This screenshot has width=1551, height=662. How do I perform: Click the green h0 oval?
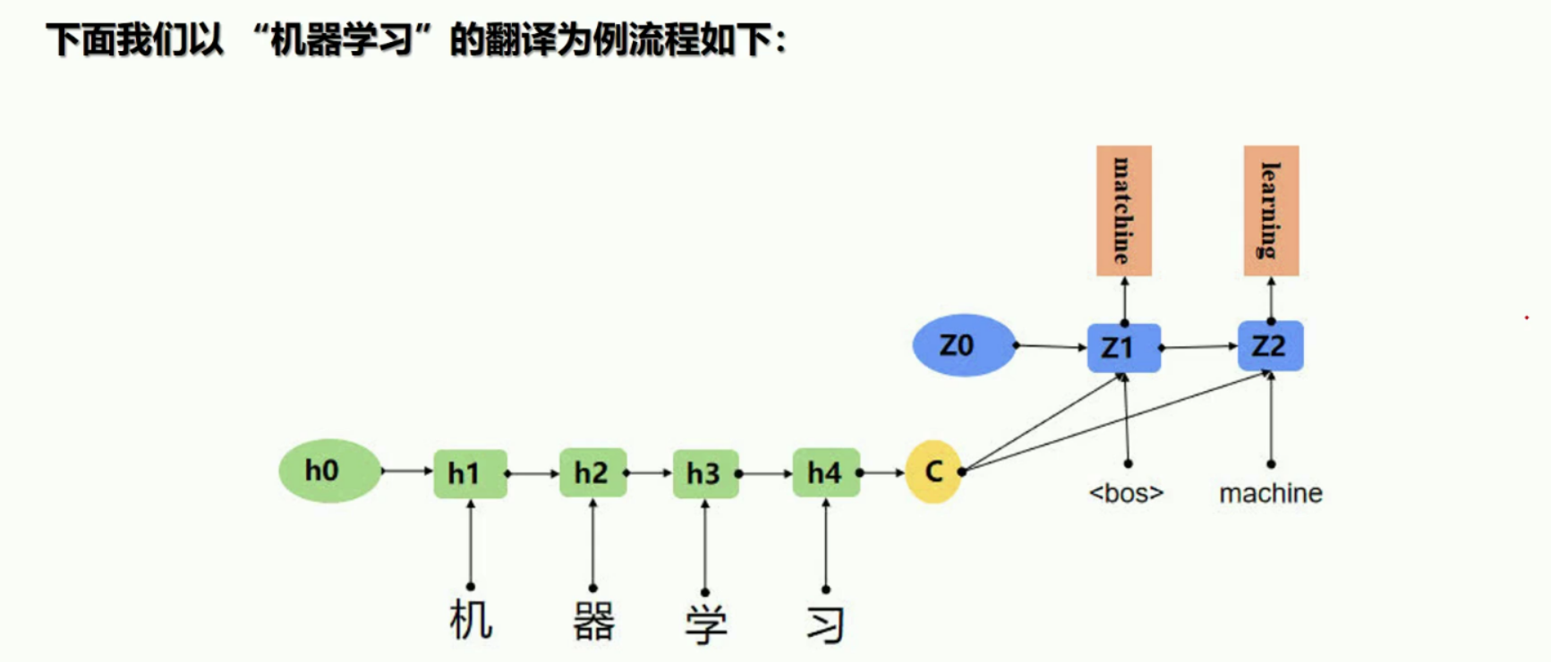click(329, 471)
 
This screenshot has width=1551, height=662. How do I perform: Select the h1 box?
click(470, 473)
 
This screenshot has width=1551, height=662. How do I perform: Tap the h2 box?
click(592, 472)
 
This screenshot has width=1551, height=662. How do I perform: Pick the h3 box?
click(705, 473)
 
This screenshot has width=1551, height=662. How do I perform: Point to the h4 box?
click(825, 472)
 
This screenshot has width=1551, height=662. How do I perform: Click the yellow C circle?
click(933, 471)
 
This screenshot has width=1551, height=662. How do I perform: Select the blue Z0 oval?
click(963, 345)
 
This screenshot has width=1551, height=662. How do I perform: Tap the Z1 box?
click(1123, 347)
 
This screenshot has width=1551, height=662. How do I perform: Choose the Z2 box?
click(1270, 345)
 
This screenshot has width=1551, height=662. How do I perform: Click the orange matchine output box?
click(1123, 211)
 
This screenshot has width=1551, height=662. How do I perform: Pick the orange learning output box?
click(1271, 211)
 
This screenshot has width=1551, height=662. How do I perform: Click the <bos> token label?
click(1126, 493)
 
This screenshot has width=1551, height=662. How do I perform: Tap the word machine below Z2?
click(1271, 493)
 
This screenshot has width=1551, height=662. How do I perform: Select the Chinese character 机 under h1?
click(471, 621)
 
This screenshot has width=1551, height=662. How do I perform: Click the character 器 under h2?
click(593, 622)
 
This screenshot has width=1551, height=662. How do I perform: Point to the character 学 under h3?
click(706, 624)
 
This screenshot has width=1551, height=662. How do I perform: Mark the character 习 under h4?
click(825, 624)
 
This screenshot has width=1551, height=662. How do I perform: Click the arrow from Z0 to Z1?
click(1052, 346)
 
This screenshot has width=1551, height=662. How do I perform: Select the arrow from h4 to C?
click(882, 472)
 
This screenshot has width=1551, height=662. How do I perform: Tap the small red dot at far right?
click(1527, 318)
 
